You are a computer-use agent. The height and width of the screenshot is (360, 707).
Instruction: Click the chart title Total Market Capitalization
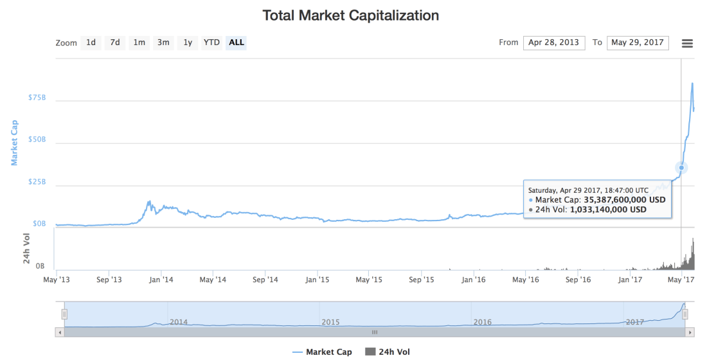coord(350,15)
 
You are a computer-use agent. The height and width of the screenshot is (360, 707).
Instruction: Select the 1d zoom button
coord(91,42)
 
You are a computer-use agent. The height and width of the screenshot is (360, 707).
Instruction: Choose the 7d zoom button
coord(115,42)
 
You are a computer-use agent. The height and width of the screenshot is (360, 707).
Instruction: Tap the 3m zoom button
coord(163,42)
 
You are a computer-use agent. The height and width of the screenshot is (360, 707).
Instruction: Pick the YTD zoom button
coord(211,42)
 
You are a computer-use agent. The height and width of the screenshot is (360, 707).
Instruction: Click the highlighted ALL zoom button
coord(237,42)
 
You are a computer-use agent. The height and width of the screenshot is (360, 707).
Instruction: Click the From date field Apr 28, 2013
coord(553,42)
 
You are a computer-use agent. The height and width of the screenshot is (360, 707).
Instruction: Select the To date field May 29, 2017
coord(637,42)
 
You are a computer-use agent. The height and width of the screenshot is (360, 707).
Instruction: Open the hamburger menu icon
coord(687,43)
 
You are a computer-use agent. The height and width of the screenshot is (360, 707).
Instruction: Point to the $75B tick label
coord(37,98)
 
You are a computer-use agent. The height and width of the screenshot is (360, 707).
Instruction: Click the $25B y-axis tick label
coord(37,182)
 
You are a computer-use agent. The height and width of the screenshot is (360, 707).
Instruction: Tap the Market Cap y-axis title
coord(15,143)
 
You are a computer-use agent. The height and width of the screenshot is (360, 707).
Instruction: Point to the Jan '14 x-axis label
coord(161,280)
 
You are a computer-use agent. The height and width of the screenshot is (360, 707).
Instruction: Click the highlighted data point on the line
coord(681,168)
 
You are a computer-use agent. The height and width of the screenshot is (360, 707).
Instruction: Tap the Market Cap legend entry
coord(322,352)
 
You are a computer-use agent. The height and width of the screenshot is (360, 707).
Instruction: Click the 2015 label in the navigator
coord(330,321)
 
